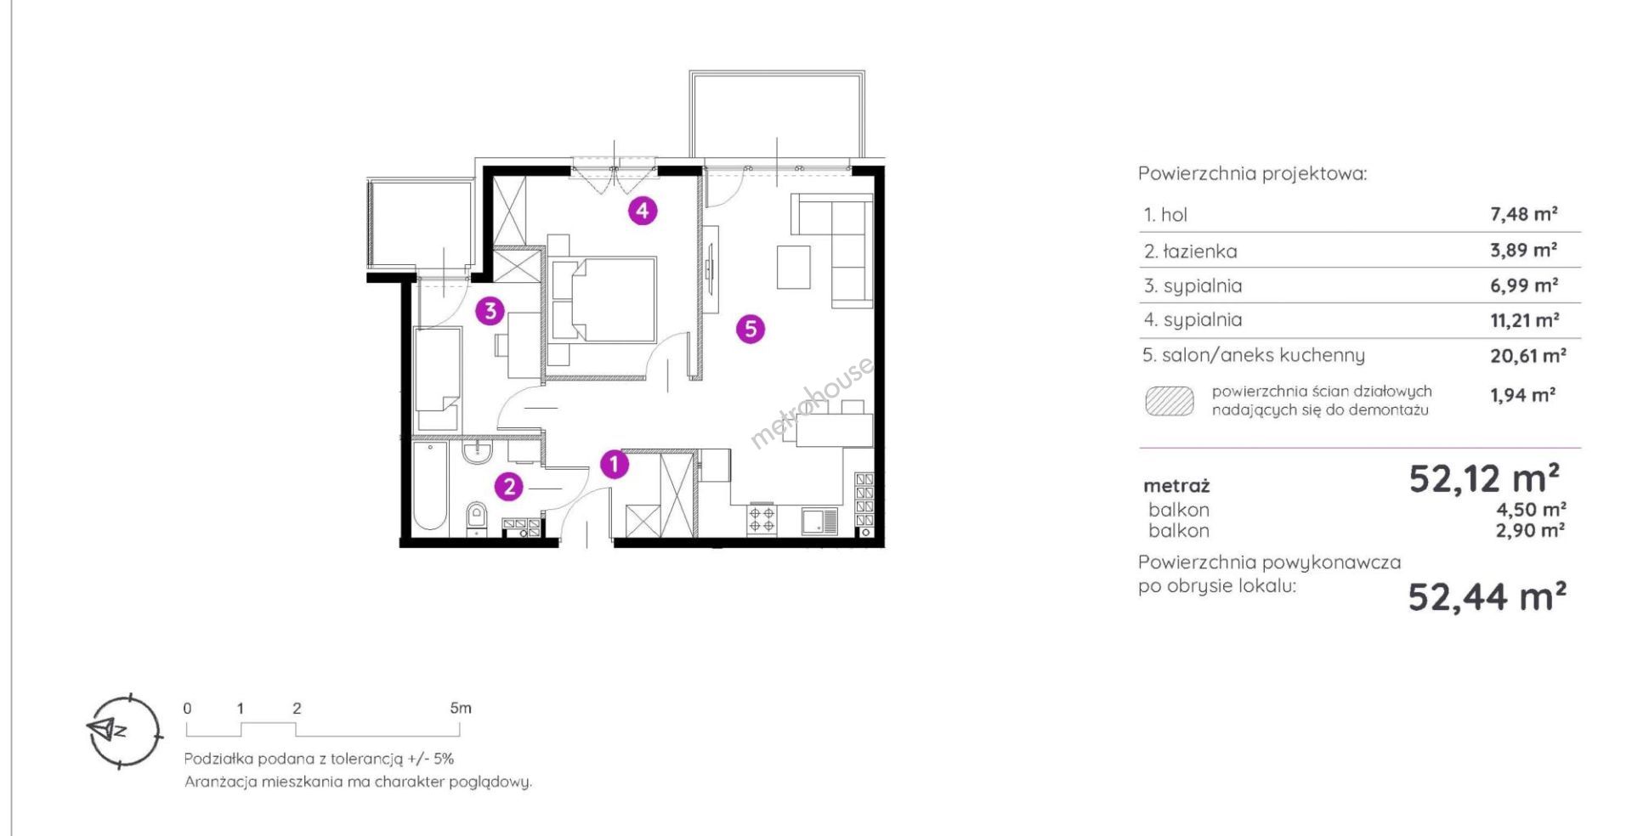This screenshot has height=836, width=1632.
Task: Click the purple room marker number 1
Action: (x=614, y=465)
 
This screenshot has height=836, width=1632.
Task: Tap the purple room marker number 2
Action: (x=509, y=487)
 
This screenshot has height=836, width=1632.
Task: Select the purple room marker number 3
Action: (x=490, y=311)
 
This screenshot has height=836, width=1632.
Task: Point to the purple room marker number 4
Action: (x=643, y=211)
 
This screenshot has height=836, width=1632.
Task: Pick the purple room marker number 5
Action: (x=750, y=329)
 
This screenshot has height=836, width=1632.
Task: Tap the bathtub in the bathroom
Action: (x=429, y=487)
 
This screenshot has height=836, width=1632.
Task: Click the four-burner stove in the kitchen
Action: (x=762, y=519)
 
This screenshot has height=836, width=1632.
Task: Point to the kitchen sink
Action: (x=820, y=521)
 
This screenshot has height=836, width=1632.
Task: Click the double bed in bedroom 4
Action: (x=602, y=300)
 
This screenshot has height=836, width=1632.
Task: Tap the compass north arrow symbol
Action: (x=108, y=729)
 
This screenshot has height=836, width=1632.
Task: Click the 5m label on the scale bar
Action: (x=461, y=708)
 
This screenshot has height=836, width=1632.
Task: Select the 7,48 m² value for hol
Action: (x=1523, y=214)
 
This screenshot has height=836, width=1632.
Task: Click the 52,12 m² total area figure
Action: (x=1484, y=479)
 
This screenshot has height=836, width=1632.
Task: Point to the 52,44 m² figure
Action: (x=1487, y=596)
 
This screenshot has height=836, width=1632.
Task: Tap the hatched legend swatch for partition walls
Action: (x=1169, y=401)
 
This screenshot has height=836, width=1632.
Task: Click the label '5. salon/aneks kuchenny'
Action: (x=1254, y=355)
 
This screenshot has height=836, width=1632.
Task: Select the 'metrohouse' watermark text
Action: (x=812, y=402)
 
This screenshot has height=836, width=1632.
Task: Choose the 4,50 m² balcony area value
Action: (x=1531, y=509)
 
